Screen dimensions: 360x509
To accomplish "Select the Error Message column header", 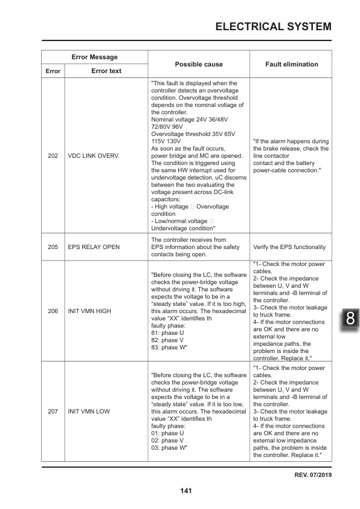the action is click(x=94, y=57).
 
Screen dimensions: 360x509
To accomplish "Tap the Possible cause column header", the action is click(x=199, y=64).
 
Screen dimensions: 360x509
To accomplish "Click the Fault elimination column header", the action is click(x=292, y=64).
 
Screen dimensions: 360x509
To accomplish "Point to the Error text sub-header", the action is click(x=106, y=71).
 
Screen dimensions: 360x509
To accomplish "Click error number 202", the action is click(x=53, y=156).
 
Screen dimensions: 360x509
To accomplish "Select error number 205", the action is click(x=53, y=247).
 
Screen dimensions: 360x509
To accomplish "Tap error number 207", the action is click(x=53, y=411).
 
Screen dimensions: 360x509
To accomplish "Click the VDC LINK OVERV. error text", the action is click(x=94, y=156).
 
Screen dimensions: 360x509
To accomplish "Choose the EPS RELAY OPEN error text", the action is click(x=94, y=247).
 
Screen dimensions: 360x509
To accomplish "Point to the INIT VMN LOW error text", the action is click(x=89, y=411).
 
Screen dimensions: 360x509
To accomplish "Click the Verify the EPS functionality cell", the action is click(x=289, y=247).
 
